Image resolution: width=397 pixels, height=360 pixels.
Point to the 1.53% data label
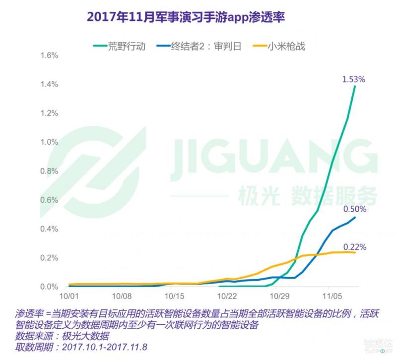click(353, 79)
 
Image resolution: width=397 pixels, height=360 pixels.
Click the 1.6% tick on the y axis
click(50, 56)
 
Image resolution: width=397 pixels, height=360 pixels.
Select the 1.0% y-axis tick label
click(50, 142)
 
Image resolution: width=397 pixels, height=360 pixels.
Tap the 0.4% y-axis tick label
click(50, 229)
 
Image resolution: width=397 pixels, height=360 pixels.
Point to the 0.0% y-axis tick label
click(50, 287)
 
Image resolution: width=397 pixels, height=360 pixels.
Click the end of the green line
click(355, 86)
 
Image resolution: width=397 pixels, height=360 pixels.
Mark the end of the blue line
click(355, 217)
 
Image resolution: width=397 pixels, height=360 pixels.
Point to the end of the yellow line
click(355, 252)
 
